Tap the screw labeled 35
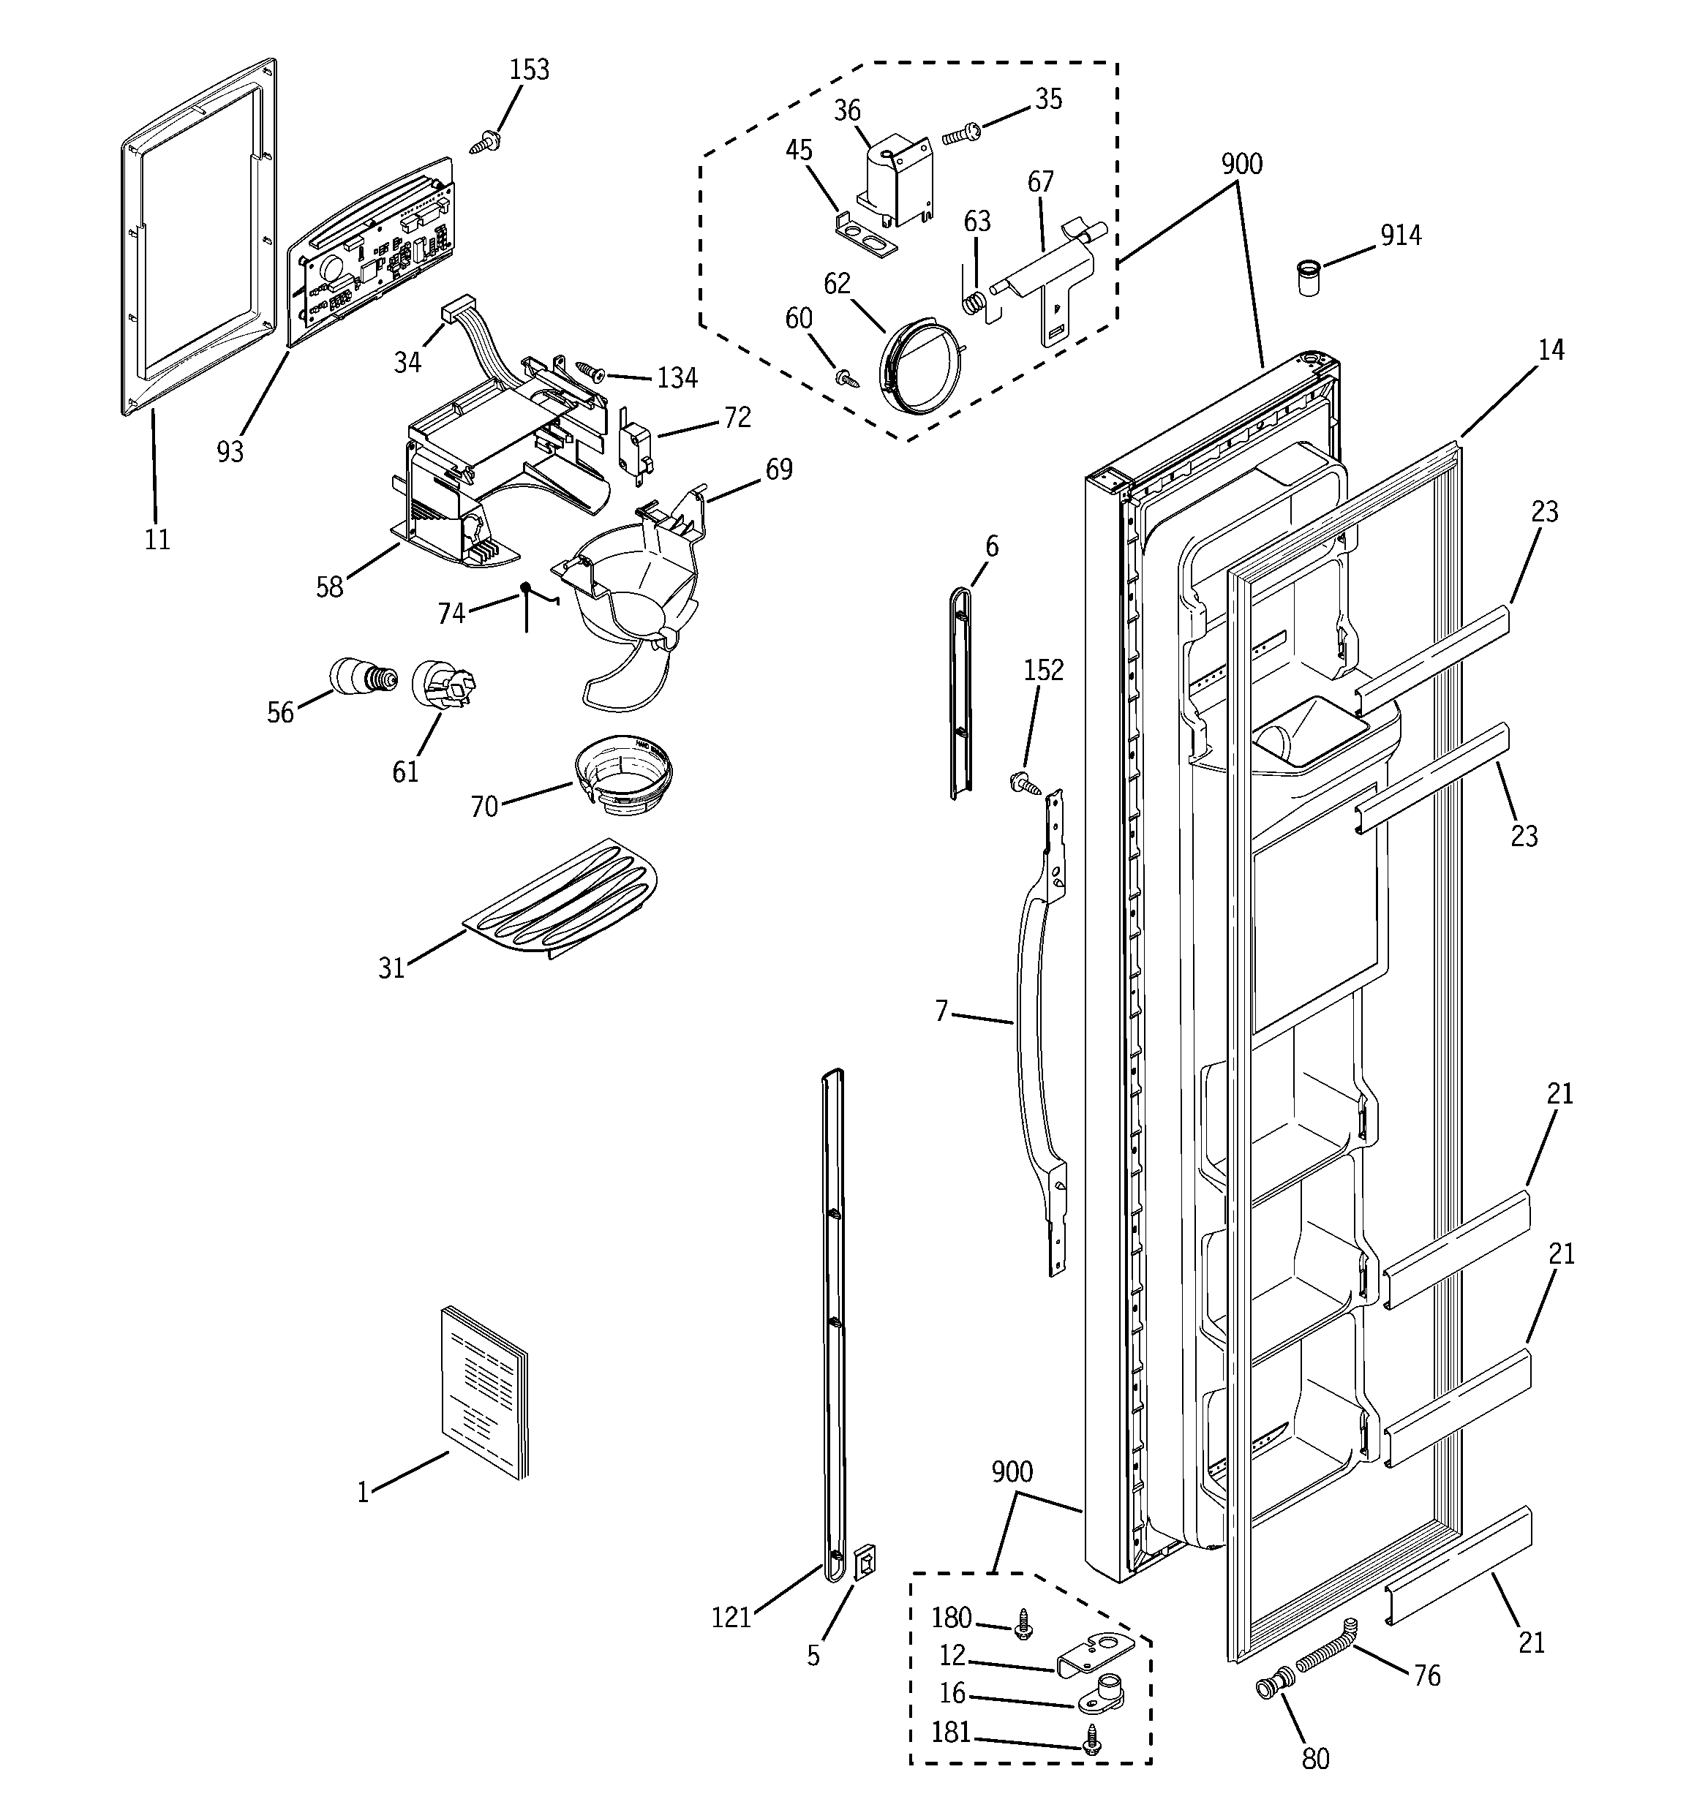958,135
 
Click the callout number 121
731,1617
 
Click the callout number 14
1551,350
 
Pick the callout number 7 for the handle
942,1011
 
